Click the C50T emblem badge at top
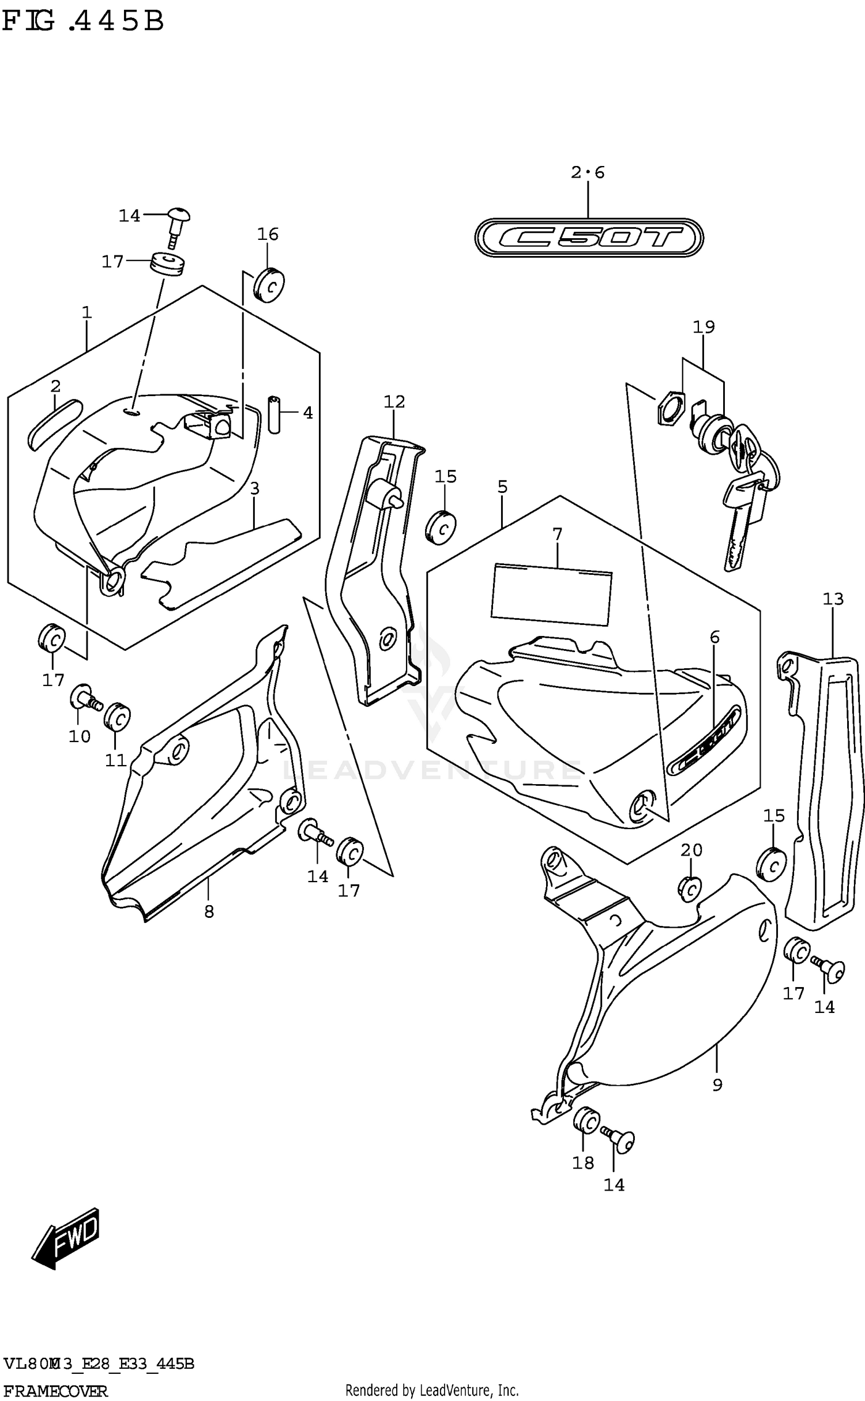pyautogui.click(x=588, y=237)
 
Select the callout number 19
pyautogui.click(x=704, y=327)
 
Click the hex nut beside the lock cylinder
pyautogui.click(x=670, y=408)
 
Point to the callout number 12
pyautogui.click(x=394, y=401)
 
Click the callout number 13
pyautogui.click(x=833, y=599)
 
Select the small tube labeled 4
pyautogui.click(x=274, y=414)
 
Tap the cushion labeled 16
pyautogui.click(x=269, y=285)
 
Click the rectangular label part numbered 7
pyautogui.click(x=551, y=595)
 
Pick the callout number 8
pyautogui.click(x=209, y=912)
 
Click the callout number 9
pyautogui.click(x=717, y=1085)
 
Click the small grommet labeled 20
pyautogui.click(x=690, y=890)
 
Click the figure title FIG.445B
pyautogui.click(x=84, y=22)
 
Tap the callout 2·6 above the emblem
pyautogui.click(x=588, y=172)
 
